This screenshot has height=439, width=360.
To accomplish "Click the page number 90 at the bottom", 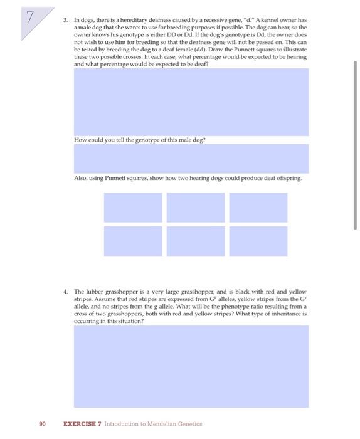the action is click(42, 424).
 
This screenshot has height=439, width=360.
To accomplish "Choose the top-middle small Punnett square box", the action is click(196, 207).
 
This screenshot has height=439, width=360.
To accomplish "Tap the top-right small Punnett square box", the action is click(258, 207).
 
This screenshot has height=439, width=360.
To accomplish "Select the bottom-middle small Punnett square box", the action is click(196, 241).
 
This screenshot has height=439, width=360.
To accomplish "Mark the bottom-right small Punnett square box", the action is click(258, 241).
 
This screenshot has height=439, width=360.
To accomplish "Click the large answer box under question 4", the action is click(190, 366).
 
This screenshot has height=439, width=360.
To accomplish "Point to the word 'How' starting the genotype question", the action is click(78, 139).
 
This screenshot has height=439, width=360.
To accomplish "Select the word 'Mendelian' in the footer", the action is click(160, 424).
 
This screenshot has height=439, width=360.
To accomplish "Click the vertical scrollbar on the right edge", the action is click(356, 144).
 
